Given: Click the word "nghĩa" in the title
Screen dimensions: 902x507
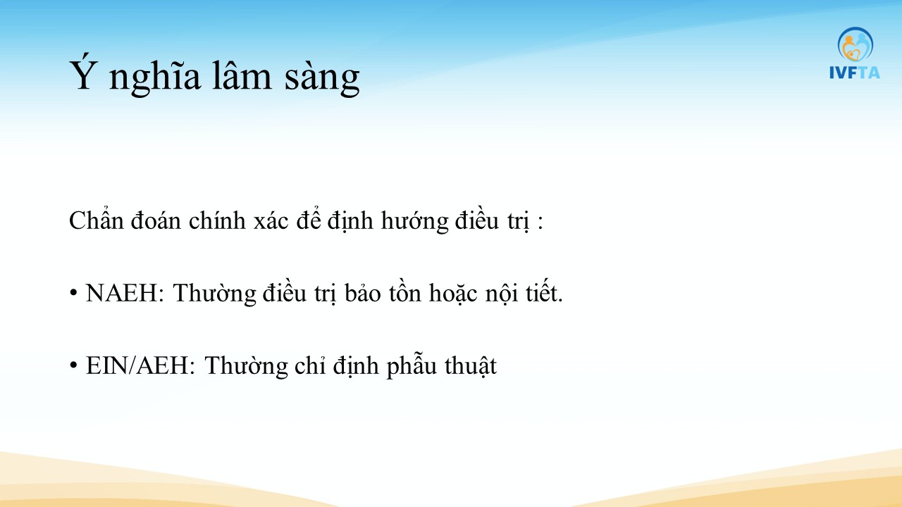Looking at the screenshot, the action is point(154,77).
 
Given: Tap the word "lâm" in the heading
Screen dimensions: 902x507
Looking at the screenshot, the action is point(242,75).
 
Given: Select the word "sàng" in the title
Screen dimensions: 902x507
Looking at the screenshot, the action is point(322,78).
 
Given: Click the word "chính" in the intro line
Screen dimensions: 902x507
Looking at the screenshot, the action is point(217,221).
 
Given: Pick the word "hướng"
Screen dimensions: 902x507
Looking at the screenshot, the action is point(415,222).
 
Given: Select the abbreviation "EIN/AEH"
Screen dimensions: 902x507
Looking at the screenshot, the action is point(137,365).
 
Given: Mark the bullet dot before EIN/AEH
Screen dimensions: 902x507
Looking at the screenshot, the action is point(73,365).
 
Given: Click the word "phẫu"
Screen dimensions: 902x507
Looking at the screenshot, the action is point(412,365).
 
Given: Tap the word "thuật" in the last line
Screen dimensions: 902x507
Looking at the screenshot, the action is point(471,366).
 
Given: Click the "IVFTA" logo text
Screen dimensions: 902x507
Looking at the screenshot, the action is point(855,73).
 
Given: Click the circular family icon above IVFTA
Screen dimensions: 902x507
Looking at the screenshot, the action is point(855,44).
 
